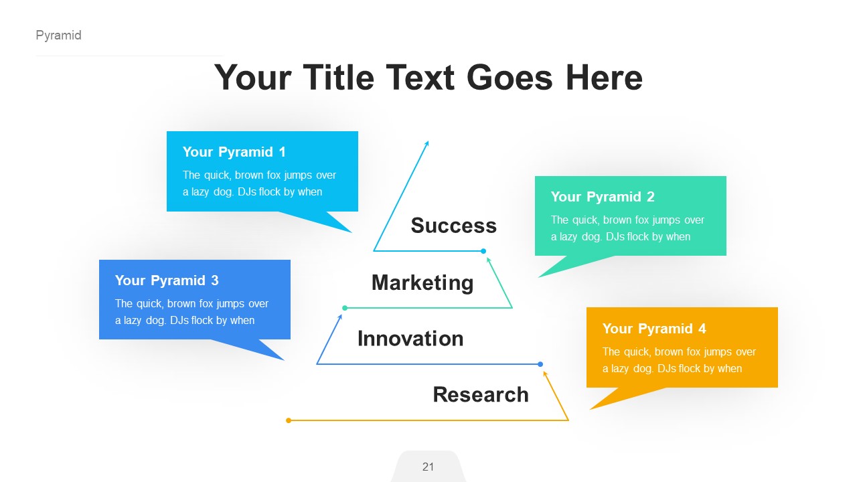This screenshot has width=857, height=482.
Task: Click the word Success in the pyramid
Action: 453,226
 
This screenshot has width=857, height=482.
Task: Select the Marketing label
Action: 422,283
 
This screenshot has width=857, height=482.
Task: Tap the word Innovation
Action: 410,339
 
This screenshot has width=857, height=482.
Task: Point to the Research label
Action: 480,394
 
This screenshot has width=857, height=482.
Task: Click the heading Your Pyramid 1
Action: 234,152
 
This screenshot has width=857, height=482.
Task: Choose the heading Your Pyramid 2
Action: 602,197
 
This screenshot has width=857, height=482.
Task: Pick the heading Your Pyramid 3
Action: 166,280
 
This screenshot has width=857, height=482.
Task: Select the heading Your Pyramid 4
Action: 653,329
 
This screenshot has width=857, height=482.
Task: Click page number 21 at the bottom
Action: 428,467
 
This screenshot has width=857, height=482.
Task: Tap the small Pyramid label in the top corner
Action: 58,35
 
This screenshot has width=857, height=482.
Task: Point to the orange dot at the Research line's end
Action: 289,420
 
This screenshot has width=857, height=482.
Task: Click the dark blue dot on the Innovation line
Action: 540,364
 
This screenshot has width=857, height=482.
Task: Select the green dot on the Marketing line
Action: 345,308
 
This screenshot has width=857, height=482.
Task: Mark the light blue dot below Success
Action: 483,251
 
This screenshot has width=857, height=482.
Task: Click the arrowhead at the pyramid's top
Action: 426,143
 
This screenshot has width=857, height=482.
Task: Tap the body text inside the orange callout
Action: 679,360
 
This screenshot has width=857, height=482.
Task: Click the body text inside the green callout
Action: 627,228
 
